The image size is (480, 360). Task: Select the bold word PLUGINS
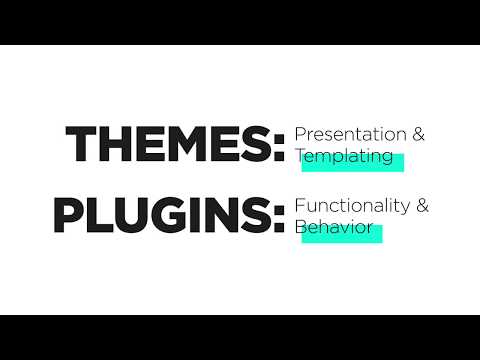160,216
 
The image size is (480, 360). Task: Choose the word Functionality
353,206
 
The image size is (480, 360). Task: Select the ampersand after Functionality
423,206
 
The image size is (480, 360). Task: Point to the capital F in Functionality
299,206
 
